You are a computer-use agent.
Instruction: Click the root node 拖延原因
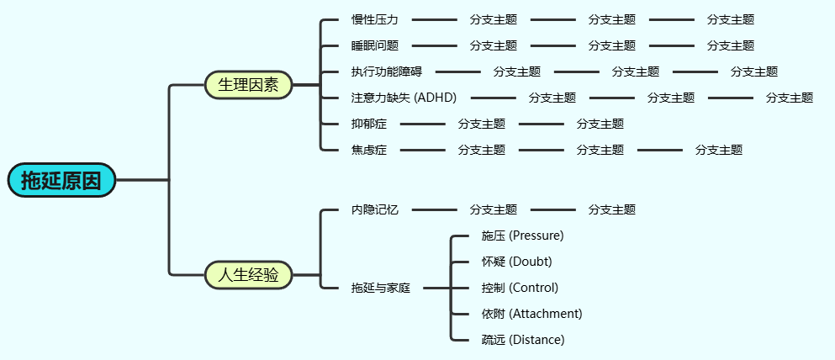[x=61, y=180]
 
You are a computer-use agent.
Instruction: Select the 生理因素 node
[x=248, y=85]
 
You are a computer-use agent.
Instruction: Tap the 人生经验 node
[x=248, y=275]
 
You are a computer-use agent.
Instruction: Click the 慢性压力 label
[x=375, y=19]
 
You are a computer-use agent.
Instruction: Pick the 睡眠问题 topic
[x=375, y=45]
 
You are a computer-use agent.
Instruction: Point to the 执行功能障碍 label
[x=387, y=71]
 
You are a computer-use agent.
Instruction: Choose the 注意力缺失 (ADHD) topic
[x=404, y=98]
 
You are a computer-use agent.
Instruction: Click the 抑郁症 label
[x=369, y=124]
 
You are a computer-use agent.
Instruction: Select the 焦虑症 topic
[x=369, y=150]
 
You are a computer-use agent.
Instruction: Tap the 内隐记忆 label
[x=375, y=209]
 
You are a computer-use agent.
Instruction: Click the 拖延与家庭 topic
[x=381, y=288]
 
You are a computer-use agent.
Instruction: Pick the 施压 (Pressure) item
[x=522, y=235]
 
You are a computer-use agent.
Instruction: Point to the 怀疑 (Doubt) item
[x=516, y=261]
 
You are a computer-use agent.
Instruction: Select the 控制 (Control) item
[x=520, y=288]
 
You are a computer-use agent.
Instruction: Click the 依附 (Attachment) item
[x=531, y=314]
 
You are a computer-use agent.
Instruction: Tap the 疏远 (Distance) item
[x=522, y=340]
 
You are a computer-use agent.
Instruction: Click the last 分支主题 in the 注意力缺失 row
[x=790, y=98]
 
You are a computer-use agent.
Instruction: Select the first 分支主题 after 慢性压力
[x=494, y=19]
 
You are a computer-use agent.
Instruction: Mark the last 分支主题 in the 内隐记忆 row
[x=612, y=209]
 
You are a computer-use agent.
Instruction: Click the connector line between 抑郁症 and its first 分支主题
[x=423, y=124]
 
